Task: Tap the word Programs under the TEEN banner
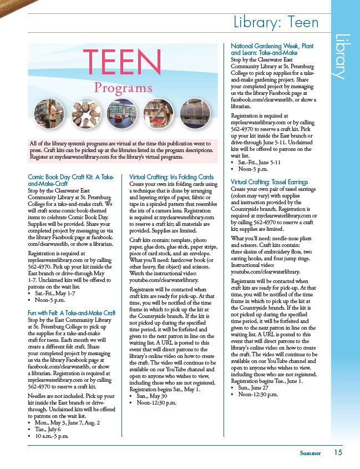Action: (123, 88)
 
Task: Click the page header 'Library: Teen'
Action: (275, 23)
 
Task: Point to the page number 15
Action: (338, 452)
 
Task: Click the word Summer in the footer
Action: (310, 453)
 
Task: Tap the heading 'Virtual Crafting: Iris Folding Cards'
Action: (171, 177)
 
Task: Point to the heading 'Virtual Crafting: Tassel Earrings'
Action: (269, 182)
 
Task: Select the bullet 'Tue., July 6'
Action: (49, 430)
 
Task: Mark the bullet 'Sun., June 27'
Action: (255, 388)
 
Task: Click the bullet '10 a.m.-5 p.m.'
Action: (52, 436)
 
